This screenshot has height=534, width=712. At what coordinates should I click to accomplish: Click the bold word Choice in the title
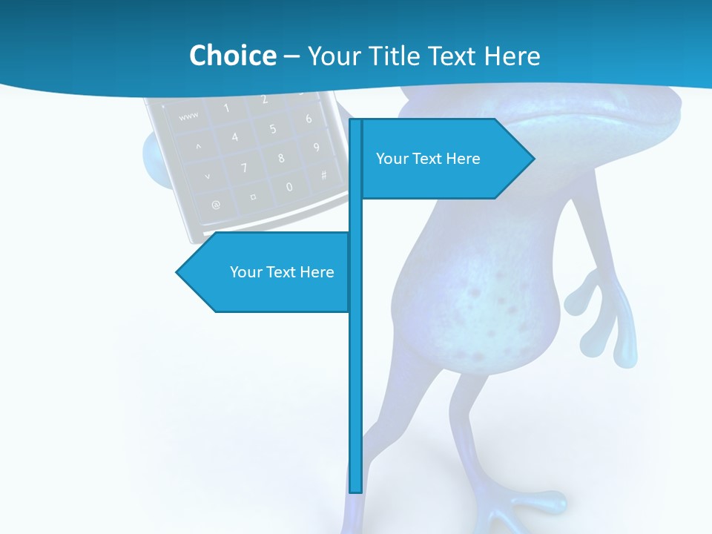tap(232, 56)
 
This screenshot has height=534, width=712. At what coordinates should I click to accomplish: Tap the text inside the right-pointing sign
tap(428, 159)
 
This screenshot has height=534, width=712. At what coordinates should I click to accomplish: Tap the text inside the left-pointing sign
tap(282, 272)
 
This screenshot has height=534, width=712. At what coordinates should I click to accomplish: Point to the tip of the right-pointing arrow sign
tap(533, 158)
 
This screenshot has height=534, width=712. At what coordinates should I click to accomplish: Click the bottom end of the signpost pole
tap(356, 489)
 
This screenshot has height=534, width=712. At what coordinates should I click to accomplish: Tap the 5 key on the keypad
tap(272, 129)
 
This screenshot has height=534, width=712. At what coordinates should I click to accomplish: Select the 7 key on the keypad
tap(243, 168)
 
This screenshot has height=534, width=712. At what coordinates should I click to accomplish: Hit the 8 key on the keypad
tap(281, 158)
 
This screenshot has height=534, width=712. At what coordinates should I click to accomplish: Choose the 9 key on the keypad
tap(317, 148)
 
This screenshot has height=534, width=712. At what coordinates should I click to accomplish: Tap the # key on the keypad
tap(323, 176)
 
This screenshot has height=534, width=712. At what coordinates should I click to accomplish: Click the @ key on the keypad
tap(216, 204)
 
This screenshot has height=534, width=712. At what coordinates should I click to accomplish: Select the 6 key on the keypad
tap(308, 119)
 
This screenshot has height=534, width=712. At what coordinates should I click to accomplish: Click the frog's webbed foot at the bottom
tap(512, 508)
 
